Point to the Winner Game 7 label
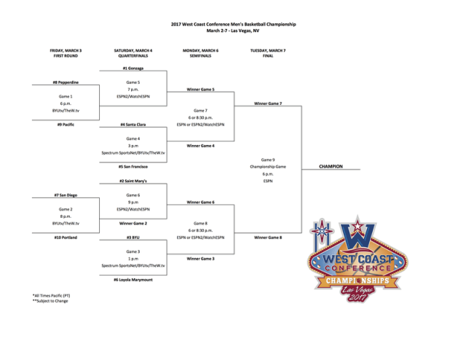pos(268,103)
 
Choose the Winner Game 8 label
pos(268,238)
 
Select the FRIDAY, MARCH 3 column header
pos(66,52)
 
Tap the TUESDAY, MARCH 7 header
pos(268,52)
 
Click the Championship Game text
pos(268,167)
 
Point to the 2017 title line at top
pos(233,24)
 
